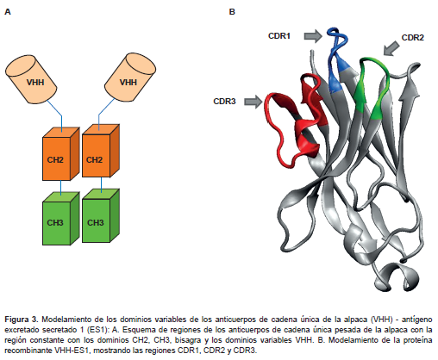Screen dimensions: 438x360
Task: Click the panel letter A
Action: [x=8, y=12]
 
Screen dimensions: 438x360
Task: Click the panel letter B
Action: [x=232, y=12]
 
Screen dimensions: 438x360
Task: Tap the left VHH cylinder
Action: [x=31, y=79]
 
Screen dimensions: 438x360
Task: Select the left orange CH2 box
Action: [x=60, y=154]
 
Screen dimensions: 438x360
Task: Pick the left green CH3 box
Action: [x=60, y=219]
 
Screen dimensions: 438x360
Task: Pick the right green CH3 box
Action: [x=101, y=215]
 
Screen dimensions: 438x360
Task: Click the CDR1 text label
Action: [x=279, y=36]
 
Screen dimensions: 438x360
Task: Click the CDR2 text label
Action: [x=412, y=38]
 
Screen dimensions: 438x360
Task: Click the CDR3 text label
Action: [x=224, y=102]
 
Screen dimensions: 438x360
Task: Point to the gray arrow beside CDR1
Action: [x=313, y=36]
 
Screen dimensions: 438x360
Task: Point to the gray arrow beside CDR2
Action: [x=391, y=48]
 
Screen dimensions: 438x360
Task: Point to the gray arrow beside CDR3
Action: [x=253, y=102]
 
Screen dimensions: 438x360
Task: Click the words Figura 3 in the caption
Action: [x=21, y=320]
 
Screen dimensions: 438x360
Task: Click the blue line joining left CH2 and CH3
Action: [x=61, y=188]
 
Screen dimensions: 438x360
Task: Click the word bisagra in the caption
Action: [x=187, y=340]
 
